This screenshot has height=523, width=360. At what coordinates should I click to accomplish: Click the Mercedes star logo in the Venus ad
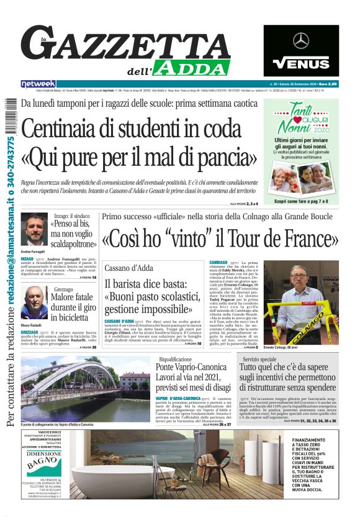301,41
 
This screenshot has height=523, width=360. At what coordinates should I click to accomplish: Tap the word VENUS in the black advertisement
301,63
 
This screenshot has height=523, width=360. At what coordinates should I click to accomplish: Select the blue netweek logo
38,83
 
